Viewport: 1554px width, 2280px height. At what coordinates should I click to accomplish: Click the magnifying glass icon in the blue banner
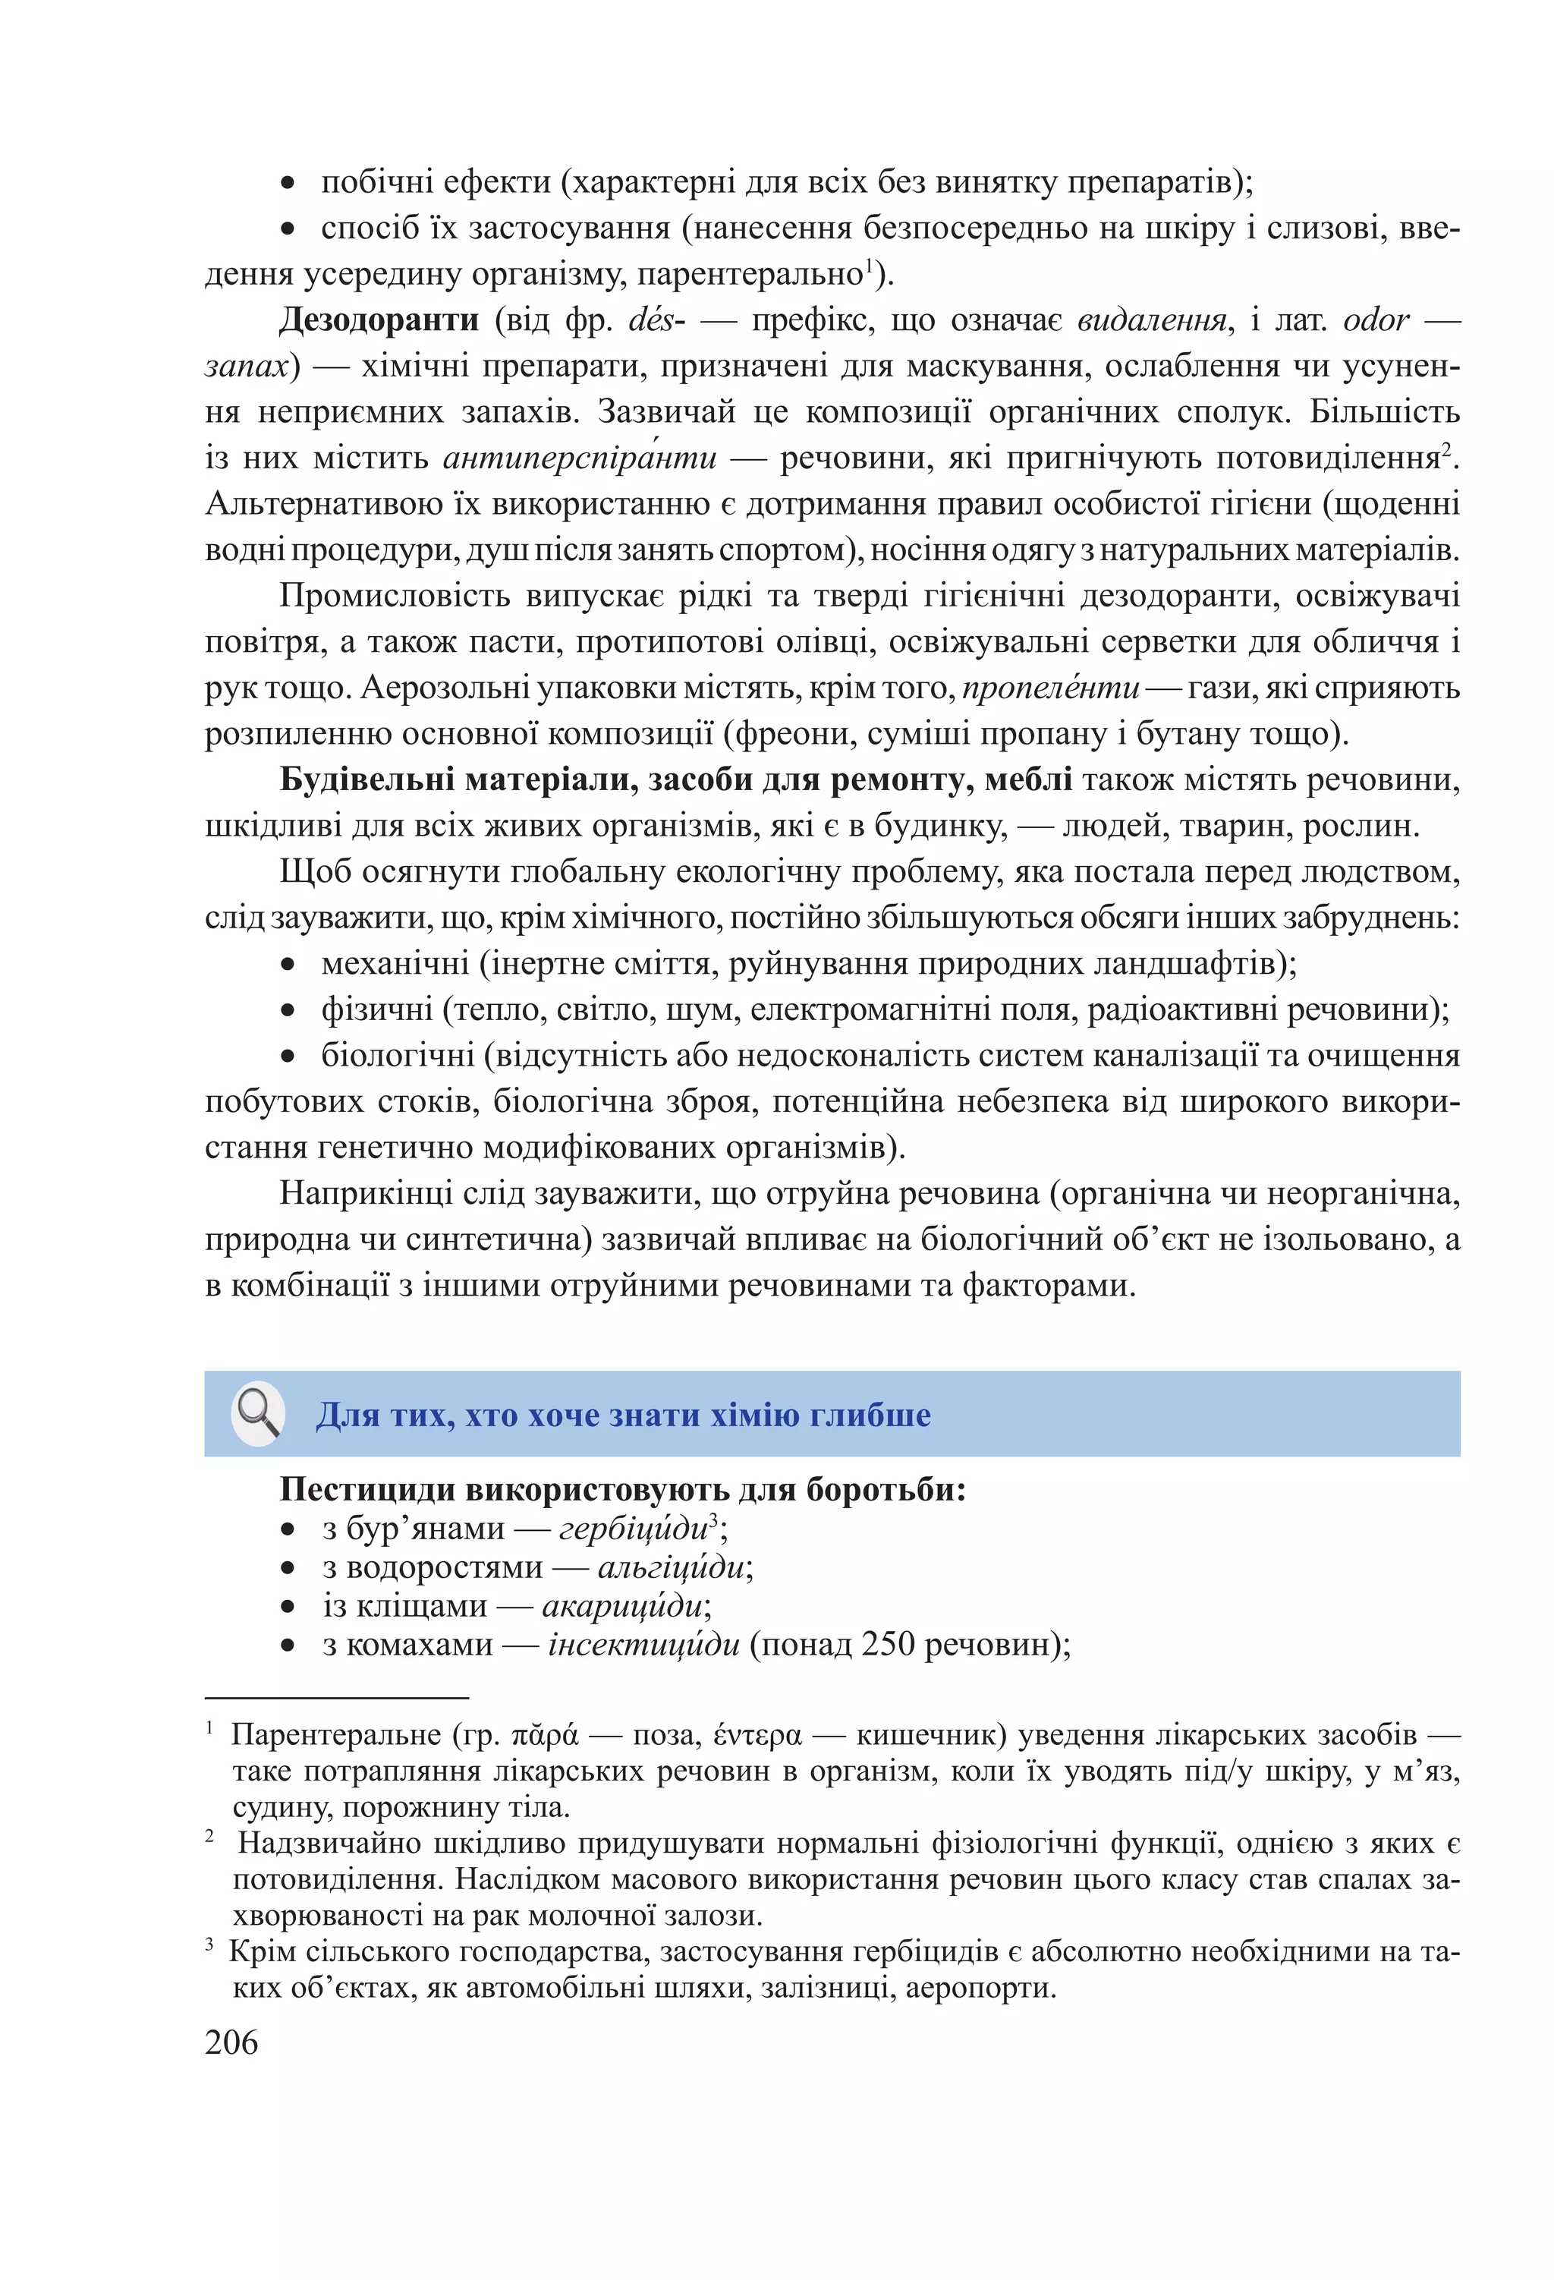click(x=258, y=1414)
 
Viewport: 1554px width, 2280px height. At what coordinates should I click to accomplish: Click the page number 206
click(x=231, y=2042)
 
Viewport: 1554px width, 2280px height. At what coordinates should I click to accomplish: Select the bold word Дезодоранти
click(x=379, y=319)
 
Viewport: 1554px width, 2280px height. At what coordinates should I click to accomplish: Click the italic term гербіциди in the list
click(x=633, y=1529)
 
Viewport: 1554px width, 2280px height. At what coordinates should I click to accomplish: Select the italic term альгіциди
click(x=671, y=1567)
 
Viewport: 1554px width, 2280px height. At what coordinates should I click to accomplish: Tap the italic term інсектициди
click(x=643, y=1643)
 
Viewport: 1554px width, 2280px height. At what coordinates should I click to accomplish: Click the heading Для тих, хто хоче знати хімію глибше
click(x=623, y=1415)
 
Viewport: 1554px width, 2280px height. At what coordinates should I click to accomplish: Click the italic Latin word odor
click(x=1376, y=320)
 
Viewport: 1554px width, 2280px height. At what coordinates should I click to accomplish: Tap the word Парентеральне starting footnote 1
click(x=335, y=1736)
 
